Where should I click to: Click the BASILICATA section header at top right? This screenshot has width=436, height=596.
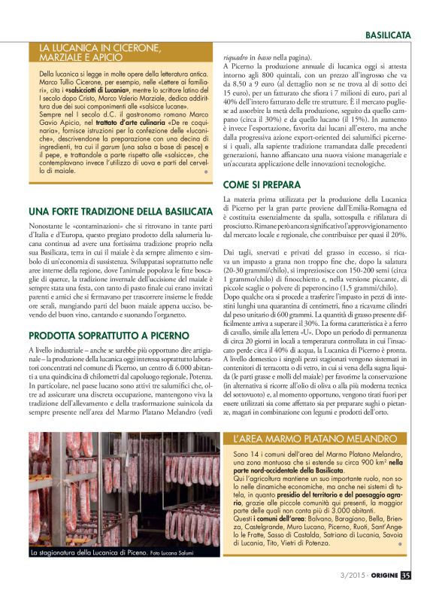point(388,35)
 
